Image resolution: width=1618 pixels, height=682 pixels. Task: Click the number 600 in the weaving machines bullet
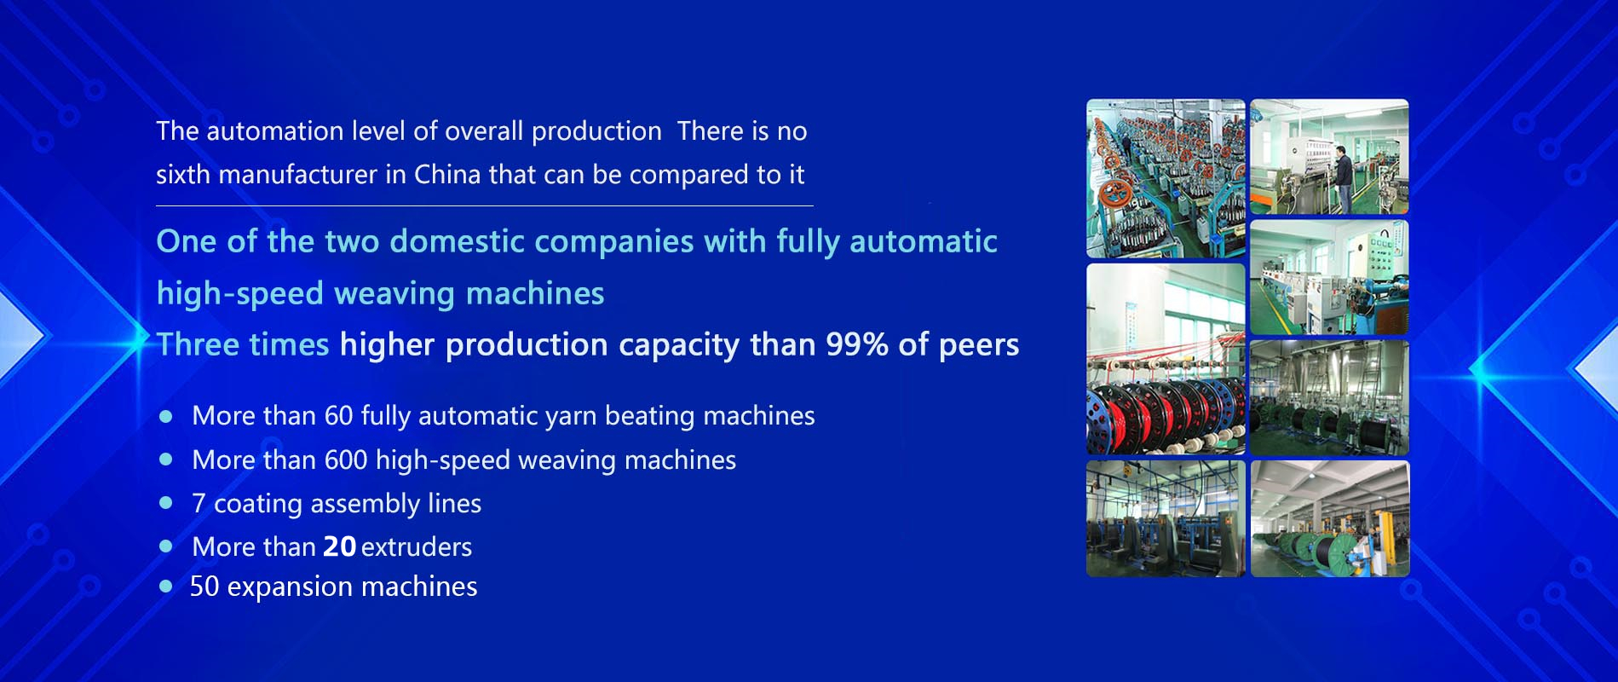pyautogui.click(x=346, y=460)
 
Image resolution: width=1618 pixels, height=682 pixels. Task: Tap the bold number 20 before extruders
pyautogui.click(x=339, y=547)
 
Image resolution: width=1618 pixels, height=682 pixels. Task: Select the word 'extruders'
pyautogui.click(x=417, y=547)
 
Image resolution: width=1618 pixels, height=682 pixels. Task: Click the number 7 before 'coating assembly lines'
pyautogui.click(x=199, y=504)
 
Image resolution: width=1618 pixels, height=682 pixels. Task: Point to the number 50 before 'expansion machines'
pyautogui.click(x=204, y=587)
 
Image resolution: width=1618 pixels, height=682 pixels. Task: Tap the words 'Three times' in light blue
pyautogui.click(x=243, y=345)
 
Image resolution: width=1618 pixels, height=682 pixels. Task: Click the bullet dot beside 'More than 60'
pyautogui.click(x=166, y=416)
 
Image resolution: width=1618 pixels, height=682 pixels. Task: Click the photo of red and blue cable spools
pyautogui.click(x=1166, y=359)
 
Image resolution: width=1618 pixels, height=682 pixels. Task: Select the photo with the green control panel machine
pyautogui.click(x=1329, y=277)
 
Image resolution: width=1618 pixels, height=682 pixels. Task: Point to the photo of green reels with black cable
pyautogui.click(x=1330, y=519)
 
